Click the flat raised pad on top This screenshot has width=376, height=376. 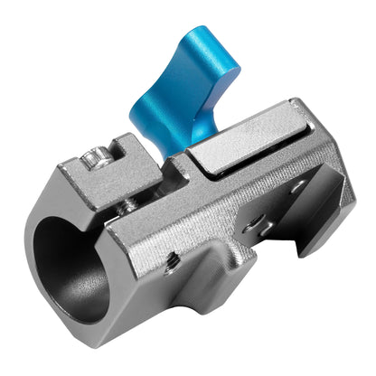point(249,149)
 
